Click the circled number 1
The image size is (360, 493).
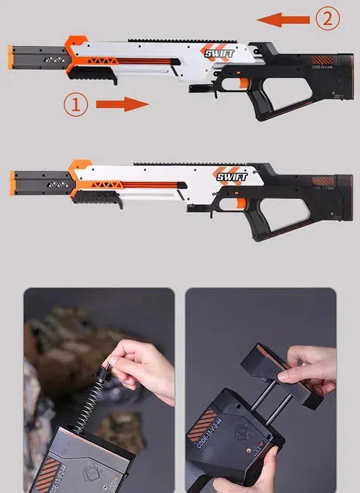click(75, 104)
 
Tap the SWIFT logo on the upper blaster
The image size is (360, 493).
click(219, 54)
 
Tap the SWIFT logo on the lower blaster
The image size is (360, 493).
click(232, 177)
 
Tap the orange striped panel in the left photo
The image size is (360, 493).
click(46, 471)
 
